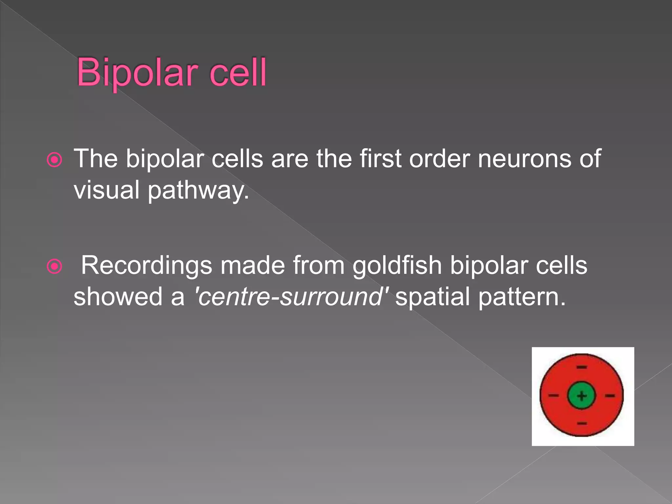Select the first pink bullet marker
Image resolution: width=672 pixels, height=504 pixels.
(54, 160)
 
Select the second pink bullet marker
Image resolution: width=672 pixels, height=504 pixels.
(54, 266)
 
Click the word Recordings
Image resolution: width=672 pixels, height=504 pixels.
(146, 265)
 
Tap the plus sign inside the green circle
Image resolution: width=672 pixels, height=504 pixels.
(582, 396)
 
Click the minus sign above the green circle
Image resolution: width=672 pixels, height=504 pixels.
(582, 367)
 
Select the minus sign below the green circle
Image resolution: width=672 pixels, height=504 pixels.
(582, 424)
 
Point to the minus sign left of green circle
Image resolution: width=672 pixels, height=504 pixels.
(554, 396)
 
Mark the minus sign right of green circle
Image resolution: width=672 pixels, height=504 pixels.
(610, 396)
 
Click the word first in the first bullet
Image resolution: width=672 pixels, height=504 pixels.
(380, 159)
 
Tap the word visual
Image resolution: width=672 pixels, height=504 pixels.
(107, 190)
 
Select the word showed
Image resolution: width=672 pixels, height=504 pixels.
(118, 296)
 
